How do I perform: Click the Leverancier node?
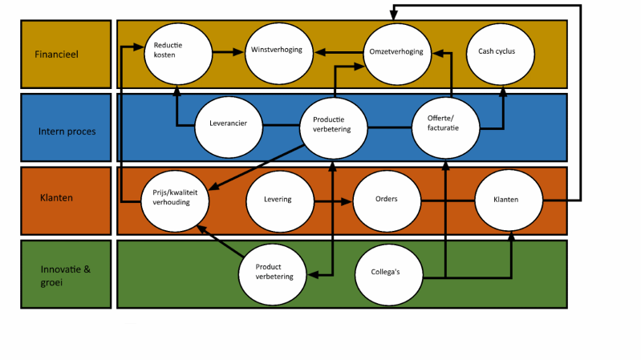[x=228, y=125]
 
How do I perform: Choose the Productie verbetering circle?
[x=332, y=125]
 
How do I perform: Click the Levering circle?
[x=278, y=199]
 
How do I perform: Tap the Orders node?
[x=387, y=199]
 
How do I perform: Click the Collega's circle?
[x=388, y=272]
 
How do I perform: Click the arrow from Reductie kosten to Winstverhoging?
[x=228, y=51]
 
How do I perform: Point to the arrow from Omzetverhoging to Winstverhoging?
[x=338, y=53]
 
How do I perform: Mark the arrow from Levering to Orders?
[x=332, y=200]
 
